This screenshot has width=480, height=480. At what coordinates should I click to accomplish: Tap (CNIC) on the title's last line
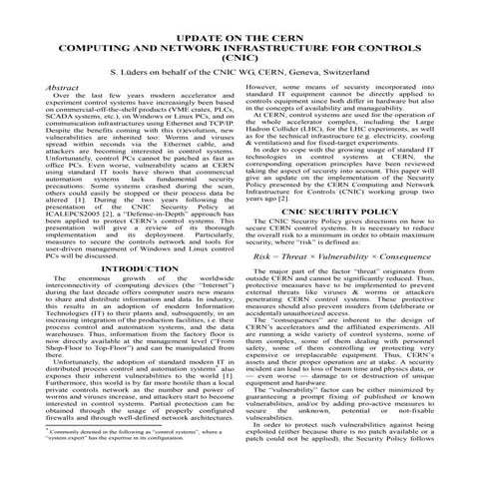[240, 60]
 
